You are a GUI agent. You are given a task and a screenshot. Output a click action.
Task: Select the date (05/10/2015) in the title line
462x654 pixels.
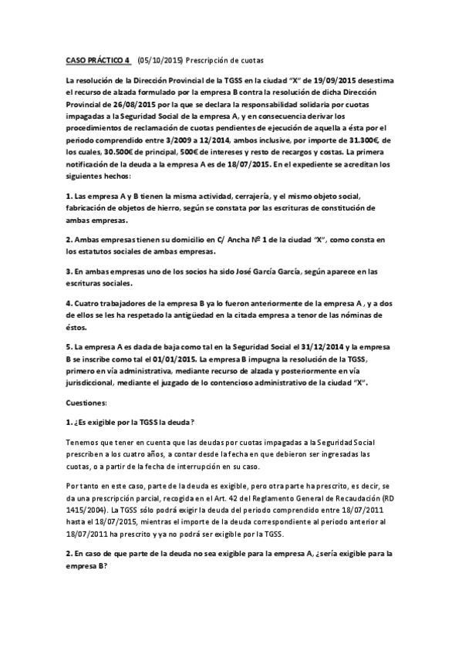point(161,58)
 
